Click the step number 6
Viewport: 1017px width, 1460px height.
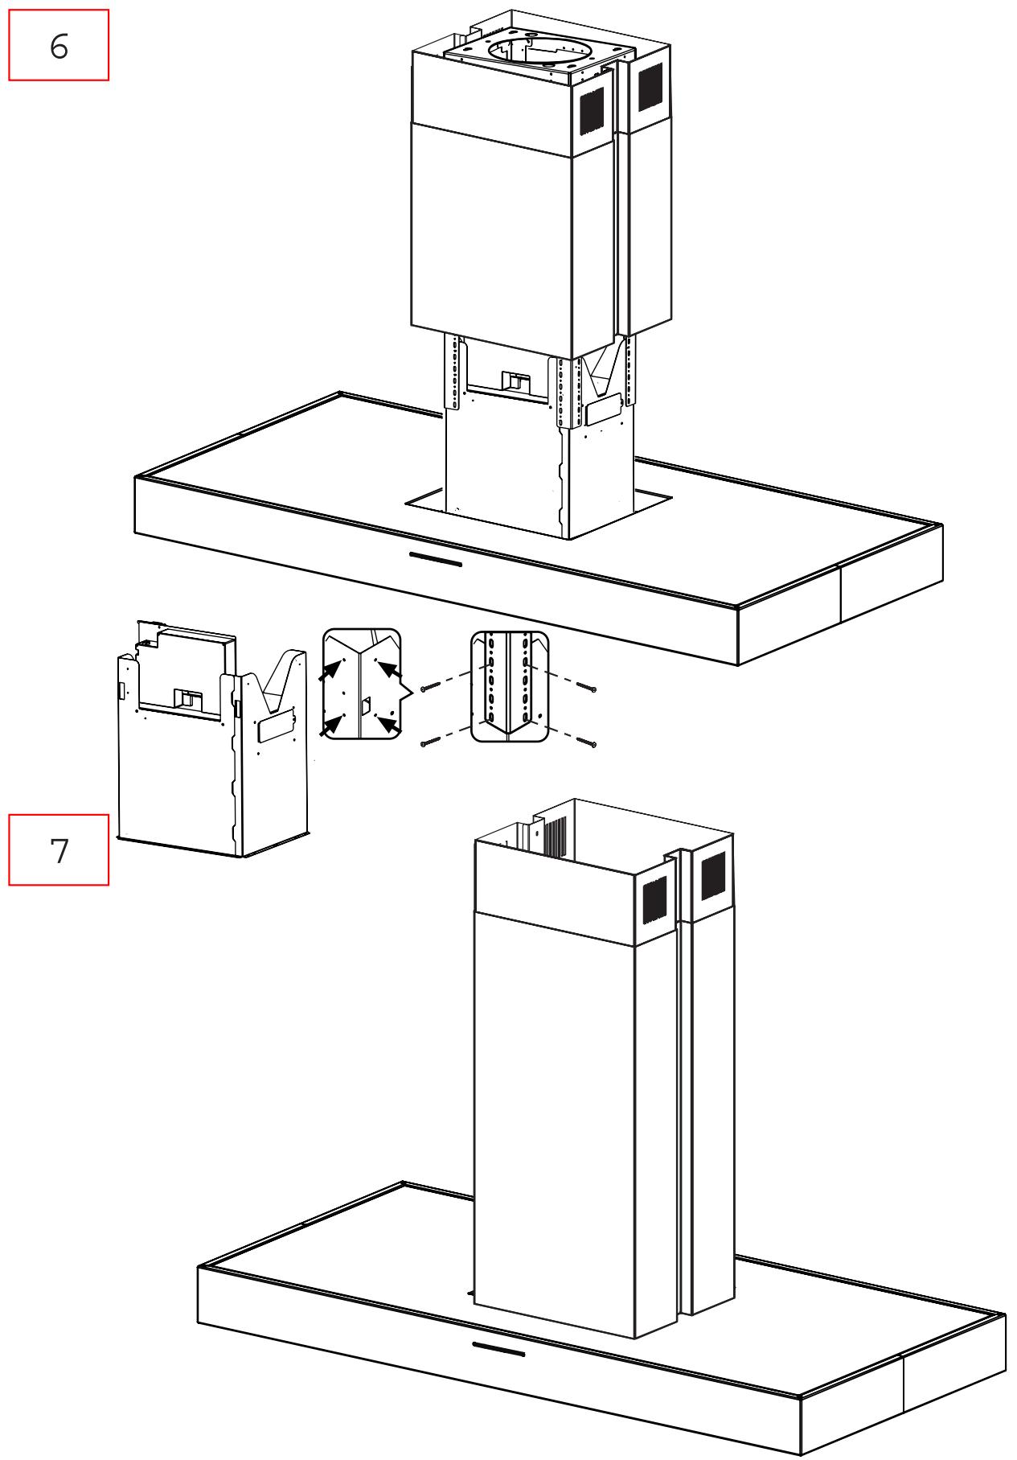pyautogui.click(x=59, y=47)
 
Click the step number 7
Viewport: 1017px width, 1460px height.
pyautogui.click(x=59, y=850)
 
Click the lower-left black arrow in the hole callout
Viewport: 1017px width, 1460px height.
pyautogui.click(x=328, y=726)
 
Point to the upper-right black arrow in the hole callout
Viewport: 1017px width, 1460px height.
pyautogui.click(x=388, y=670)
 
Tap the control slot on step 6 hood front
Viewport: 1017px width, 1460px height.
pyautogui.click(x=435, y=558)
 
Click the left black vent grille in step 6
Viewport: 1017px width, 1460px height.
pyautogui.click(x=592, y=110)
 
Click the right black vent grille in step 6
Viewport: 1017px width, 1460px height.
pyautogui.click(x=650, y=86)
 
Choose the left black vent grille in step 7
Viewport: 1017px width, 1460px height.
pyautogui.click(x=654, y=900)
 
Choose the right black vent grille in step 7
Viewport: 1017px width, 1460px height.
pyautogui.click(x=713, y=875)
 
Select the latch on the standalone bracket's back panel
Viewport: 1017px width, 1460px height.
pyautogui.click(x=187, y=698)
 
